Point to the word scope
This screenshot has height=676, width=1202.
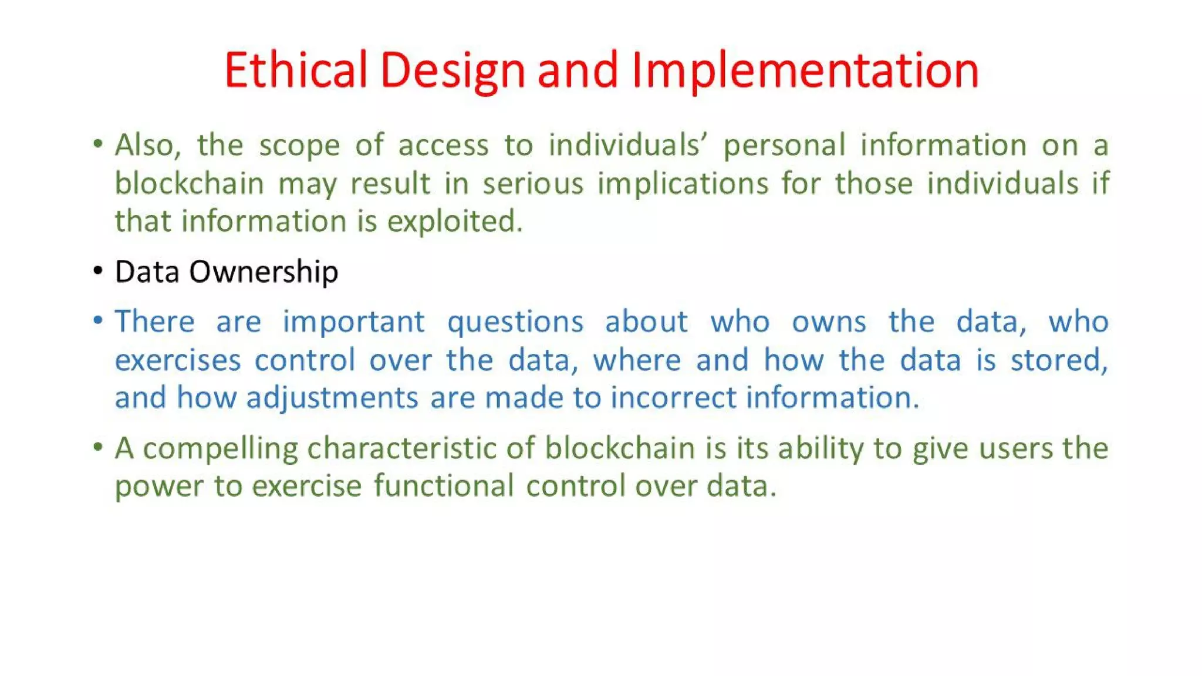[299, 146]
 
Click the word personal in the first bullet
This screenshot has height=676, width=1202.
[784, 146]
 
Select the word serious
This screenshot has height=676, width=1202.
[533, 184]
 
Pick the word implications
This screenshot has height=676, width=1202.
[683, 184]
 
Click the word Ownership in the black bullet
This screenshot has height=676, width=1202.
[264, 272]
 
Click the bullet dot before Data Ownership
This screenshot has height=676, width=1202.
[98, 271]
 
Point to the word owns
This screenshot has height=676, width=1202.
[828, 322]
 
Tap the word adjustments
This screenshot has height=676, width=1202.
[332, 398]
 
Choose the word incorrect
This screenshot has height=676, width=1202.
[673, 398]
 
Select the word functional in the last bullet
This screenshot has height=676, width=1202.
[443, 486]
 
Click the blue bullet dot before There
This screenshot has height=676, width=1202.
[98, 320]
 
